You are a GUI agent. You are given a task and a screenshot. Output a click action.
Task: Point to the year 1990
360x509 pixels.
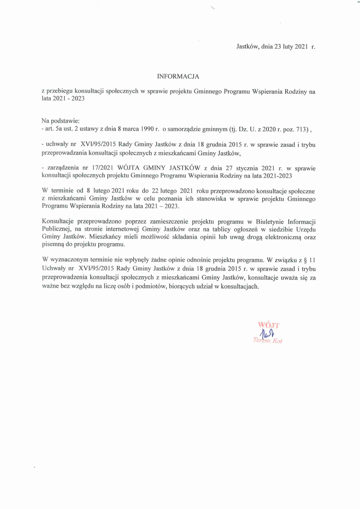[147, 129]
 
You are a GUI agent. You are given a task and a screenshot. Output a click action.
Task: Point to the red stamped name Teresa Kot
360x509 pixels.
[268, 341]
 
